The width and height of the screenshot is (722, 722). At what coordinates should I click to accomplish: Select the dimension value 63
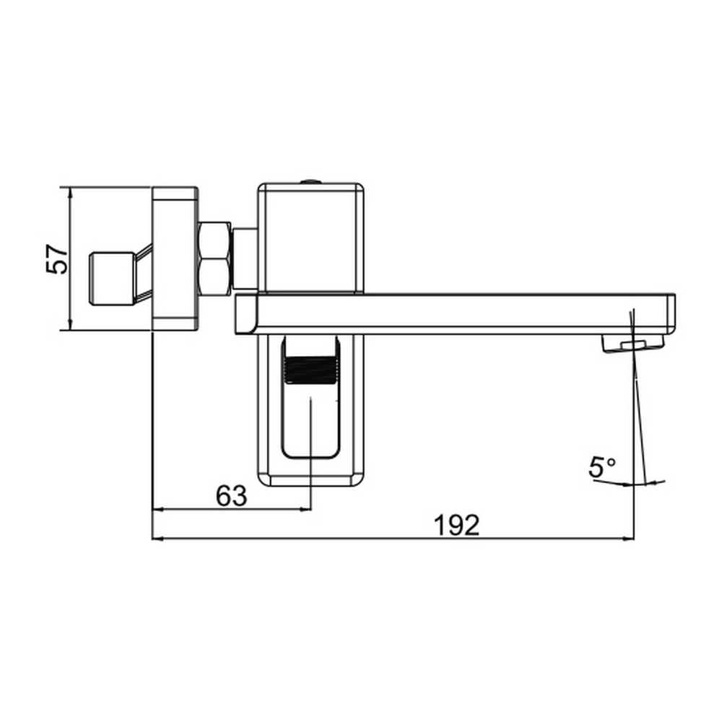231,496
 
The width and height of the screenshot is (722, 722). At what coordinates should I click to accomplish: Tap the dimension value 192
456,526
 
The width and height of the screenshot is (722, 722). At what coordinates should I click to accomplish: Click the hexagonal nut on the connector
214,258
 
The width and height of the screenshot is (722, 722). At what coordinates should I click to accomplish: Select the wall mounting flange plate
175,258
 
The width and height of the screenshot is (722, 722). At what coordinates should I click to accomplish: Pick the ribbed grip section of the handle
310,370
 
